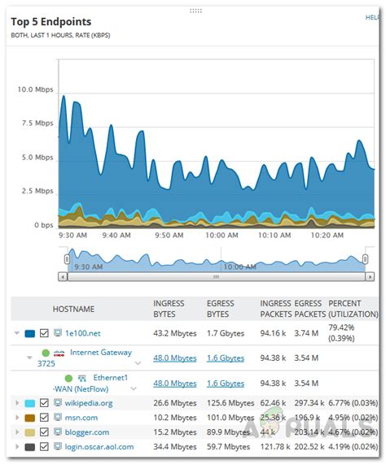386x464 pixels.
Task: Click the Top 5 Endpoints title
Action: tap(50, 21)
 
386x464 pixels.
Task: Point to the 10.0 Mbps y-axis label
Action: tap(35, 89)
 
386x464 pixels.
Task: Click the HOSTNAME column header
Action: tap(73, 309)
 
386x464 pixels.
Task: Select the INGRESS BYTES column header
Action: tap(169, 309)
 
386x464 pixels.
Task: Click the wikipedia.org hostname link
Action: tap(89, 403)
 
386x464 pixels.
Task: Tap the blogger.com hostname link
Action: tap(87, 432)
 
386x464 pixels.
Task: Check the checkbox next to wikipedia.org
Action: tap(45, 403)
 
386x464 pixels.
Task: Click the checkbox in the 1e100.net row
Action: tap(45, 333)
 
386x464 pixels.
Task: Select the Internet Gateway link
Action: tap(100, 352)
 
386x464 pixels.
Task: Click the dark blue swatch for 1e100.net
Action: tap(30, 333)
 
